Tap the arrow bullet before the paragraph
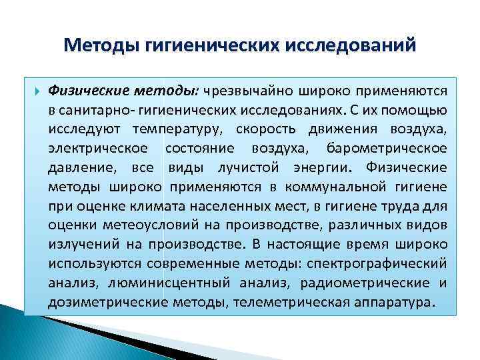(36, 90)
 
